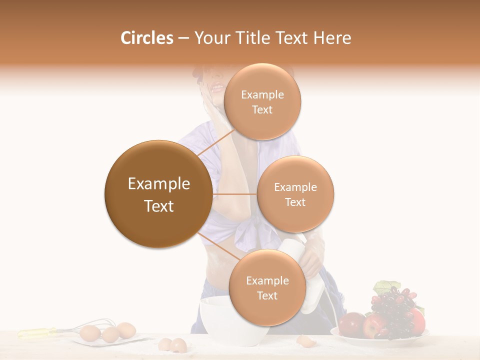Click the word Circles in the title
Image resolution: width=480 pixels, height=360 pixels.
146,38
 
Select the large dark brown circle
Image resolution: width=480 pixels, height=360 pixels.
158,194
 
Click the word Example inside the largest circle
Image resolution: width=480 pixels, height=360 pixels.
158,184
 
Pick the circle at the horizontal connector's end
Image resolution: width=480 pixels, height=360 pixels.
295,194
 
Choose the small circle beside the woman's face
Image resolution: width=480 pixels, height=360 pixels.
262,101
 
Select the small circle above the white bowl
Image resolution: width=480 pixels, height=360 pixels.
267,287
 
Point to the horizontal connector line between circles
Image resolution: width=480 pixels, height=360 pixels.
234,194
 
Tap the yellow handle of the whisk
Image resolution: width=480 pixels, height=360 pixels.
37,331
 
